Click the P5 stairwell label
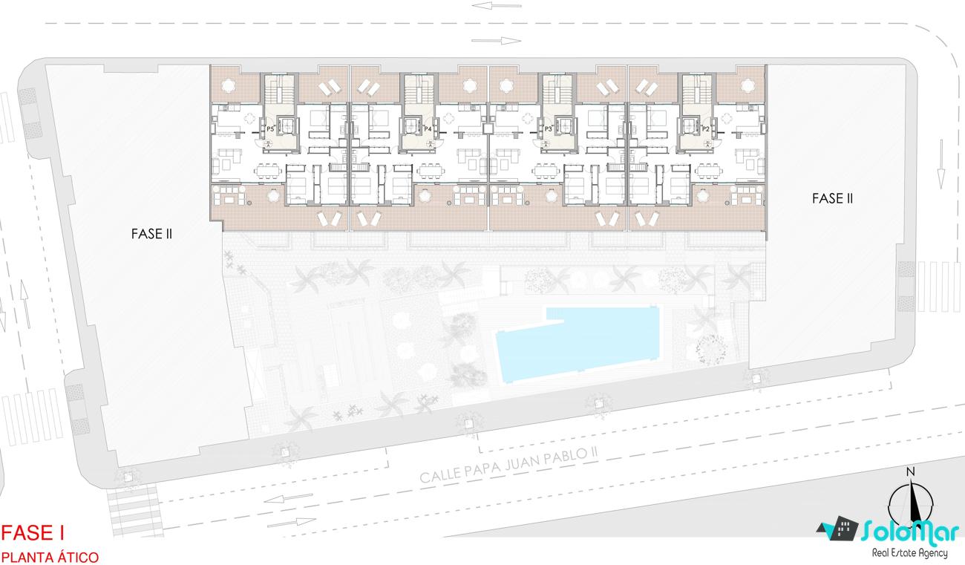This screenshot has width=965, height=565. pos(270,129)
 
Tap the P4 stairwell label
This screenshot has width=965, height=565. pos(428,129)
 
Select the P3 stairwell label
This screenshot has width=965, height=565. pos(548,129)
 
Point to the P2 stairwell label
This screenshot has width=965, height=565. pos(706,129)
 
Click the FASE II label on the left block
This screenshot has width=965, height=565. pos(151,234)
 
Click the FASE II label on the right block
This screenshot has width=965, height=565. pos(832,199)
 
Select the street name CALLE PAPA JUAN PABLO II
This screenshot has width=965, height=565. pos(508,465)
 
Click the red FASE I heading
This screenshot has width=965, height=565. pos(33,533)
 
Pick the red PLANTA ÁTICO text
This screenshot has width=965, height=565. pos(50,558)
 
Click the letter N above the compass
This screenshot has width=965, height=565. pos(910,472)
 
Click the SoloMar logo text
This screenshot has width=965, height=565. pos(910,531)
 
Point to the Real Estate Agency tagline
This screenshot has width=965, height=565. pos(910,552)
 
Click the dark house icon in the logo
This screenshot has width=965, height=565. pos(837,529)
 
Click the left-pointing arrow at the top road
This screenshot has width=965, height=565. pos(497,6)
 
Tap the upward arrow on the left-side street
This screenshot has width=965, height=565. pos(25,304)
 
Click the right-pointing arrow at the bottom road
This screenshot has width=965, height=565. pos(291,523)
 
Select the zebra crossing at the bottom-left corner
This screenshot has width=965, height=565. pos(135,511)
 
